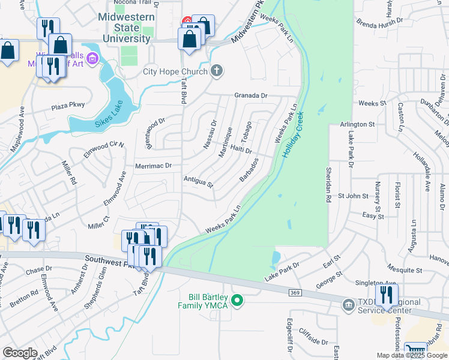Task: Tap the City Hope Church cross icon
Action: pyautogui.click(x=217, y=71)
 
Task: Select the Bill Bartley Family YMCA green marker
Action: pyautogui.click(x=237, y=300)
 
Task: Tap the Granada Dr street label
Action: pyautogui.click(x=250, y=95)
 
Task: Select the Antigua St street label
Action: pyautogui.click(x=199, y=182)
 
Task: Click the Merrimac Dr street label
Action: pyautogui.click(x=154, y=166)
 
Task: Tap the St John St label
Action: pyautogui.click(x=352, y=196)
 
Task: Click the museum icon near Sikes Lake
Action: pyautogui.click(x=92, y=58)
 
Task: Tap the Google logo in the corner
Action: pyautogui.click(x=20, y=353)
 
